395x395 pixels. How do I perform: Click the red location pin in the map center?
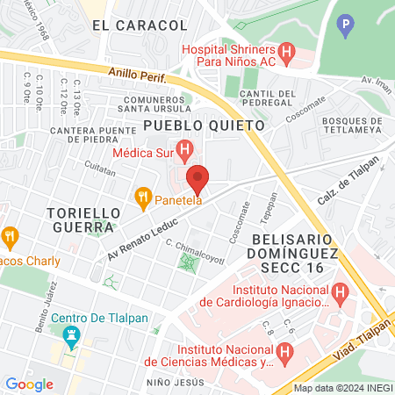197,178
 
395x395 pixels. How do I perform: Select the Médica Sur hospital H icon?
184,150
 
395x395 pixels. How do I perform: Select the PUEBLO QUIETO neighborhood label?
204,126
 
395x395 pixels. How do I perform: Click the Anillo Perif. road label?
136,75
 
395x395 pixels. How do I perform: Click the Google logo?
29,384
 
